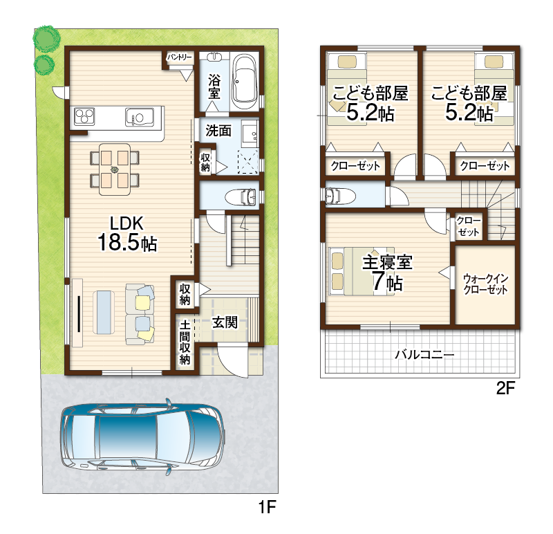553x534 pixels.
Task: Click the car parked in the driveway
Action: tap(143, 439)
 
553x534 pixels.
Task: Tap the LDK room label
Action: tap(127, 223)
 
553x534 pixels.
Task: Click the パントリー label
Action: tap(180, 57)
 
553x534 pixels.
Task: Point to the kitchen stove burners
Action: tap(84, 116)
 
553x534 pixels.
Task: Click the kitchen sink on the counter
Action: tap(140, 117)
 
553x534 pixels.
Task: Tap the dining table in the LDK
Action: tap(115, 169)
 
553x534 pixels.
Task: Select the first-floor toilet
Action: tap(241, 196)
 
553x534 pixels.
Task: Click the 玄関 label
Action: tap(224, 322)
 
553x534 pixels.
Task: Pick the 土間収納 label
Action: tap(185, 342)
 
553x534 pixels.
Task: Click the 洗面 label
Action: tap(218, 131)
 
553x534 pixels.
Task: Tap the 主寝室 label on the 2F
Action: tap(387, 262)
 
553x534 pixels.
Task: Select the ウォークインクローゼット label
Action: tap(485, 284)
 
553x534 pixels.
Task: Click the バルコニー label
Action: tap(424, 354)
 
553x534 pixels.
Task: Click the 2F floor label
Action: tap(505, 389)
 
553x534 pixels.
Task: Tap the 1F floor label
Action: tap(267, 508)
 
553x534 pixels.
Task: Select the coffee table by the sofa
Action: tap(104, 312)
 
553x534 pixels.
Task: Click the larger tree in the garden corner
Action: tap(46, 37)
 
